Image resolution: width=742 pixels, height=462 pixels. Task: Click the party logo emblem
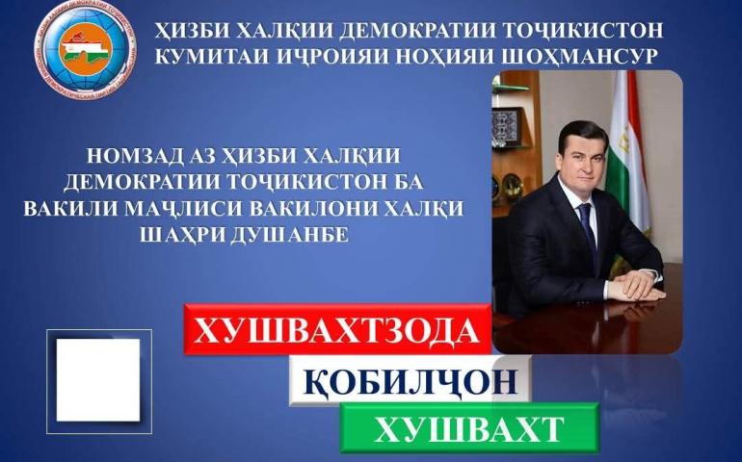point(86,50)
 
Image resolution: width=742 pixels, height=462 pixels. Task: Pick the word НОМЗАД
point(134,156)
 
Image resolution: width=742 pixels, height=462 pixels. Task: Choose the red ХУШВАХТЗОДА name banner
point(337,329)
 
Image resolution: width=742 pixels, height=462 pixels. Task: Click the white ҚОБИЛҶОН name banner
point(410,380)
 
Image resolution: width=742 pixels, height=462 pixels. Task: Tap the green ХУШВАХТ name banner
point(469,428)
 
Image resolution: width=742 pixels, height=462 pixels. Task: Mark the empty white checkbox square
point(98,380)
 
